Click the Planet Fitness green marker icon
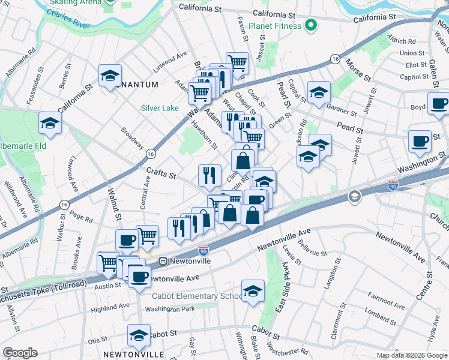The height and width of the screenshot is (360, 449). (x=310, y=26)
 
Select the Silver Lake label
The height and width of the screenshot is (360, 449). (x=159, y=108)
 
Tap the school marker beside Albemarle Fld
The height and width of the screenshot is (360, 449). (x=49, y=124)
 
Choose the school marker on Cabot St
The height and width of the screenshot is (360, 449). (x=139, y=335)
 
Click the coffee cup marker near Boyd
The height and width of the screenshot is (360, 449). (x=439, y=103)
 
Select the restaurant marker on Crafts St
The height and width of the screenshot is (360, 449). (x=209, y=175)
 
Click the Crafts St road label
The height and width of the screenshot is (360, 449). (x=161, y=174)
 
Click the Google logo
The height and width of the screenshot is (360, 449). (x=20, y=352)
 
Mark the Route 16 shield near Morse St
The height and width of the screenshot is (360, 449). (x=335, y=58)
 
